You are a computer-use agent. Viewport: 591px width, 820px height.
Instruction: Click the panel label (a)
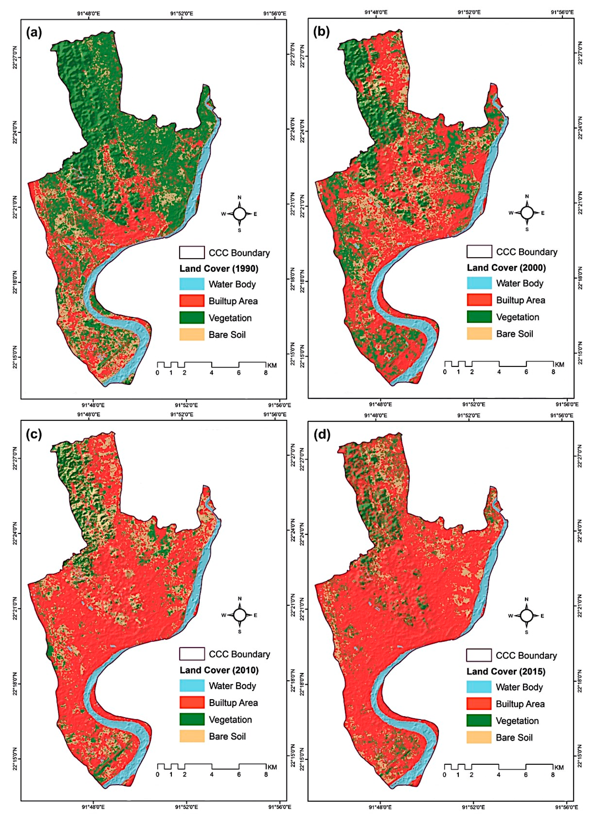click(x=34, y=33)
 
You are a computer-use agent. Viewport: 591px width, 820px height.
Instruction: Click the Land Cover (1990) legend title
click(x=219, y=269)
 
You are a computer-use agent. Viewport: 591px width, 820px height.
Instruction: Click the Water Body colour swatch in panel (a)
click(x=192, y=284)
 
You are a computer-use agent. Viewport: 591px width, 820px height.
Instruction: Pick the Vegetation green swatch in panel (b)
click(x=479, y=317)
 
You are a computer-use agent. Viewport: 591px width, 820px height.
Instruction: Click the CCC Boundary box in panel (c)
click(x=192, y=654)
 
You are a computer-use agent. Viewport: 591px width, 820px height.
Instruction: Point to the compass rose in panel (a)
click(x=239, y=214)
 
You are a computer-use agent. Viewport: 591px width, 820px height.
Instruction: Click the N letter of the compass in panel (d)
click(x=526, y=599)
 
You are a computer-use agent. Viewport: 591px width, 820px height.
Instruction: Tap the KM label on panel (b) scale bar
click(x=559, y=365)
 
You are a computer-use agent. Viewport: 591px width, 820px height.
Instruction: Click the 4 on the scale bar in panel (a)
click(x=212, y=373)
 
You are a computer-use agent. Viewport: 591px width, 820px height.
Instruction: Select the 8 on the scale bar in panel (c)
click(x=266, y=774)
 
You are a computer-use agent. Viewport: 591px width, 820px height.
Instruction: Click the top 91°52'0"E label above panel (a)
click(x=182, y=13)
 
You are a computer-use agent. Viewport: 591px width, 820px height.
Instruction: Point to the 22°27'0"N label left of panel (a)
click(x=15, y=58)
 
